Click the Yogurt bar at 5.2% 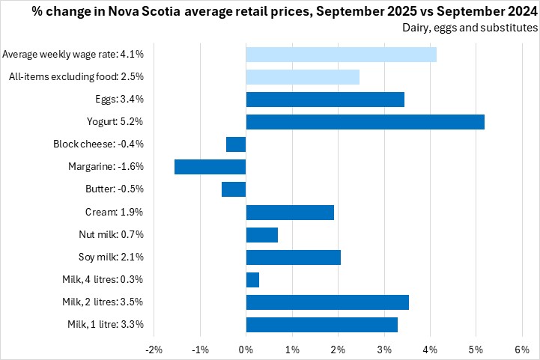[365, 122]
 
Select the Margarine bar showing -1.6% [210, 167]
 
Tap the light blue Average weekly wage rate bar [341, 55]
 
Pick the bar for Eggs [325, 100]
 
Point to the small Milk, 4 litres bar [252, 280]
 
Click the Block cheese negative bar [236, 144]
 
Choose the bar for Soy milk [294, 257]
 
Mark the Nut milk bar [262, 235]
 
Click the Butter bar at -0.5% [234, 189]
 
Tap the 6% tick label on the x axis [522, 350]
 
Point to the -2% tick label [154, 350]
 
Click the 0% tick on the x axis [246, 350]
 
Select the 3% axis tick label [384, 350]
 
